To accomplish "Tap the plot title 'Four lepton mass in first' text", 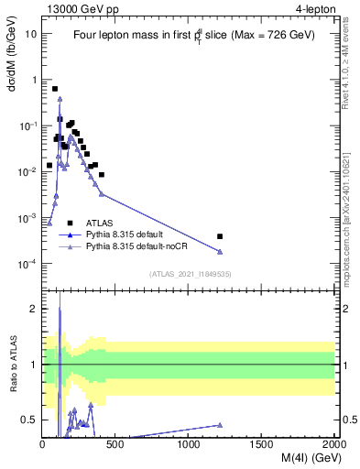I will [x=133, y=35].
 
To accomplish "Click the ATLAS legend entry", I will [x=101, y=223].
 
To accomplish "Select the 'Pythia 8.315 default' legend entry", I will [x=126, y=234].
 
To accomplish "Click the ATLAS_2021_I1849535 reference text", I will [x=189, y=273].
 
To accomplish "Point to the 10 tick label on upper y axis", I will [x=31, y=33].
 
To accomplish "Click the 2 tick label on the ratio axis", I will [x=34, y=309].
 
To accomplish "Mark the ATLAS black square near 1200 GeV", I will [x=219, y=236].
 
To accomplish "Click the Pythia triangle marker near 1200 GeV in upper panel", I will [x=219, y=252].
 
